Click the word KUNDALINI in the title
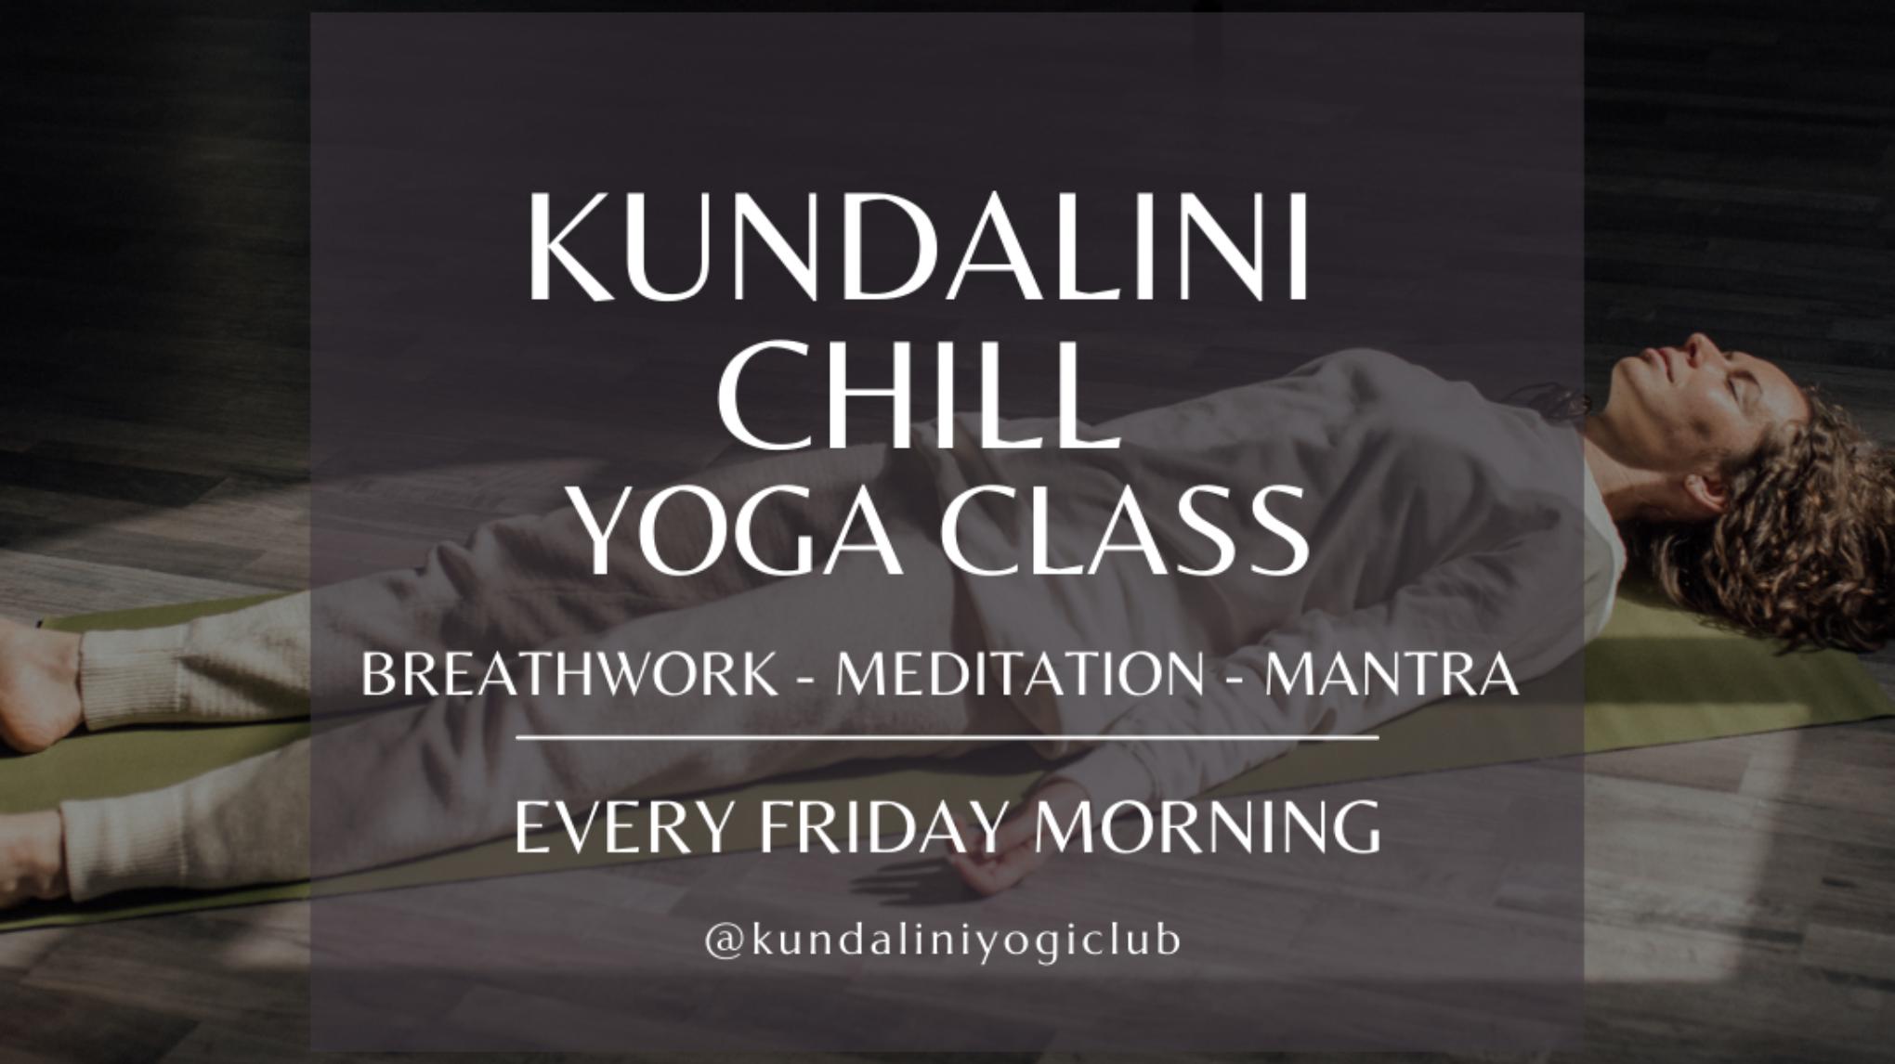919,247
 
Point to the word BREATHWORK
569,675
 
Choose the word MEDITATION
1020,675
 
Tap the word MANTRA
1392,675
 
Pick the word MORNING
1207,828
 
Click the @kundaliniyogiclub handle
942,941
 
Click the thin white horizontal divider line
947,739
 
